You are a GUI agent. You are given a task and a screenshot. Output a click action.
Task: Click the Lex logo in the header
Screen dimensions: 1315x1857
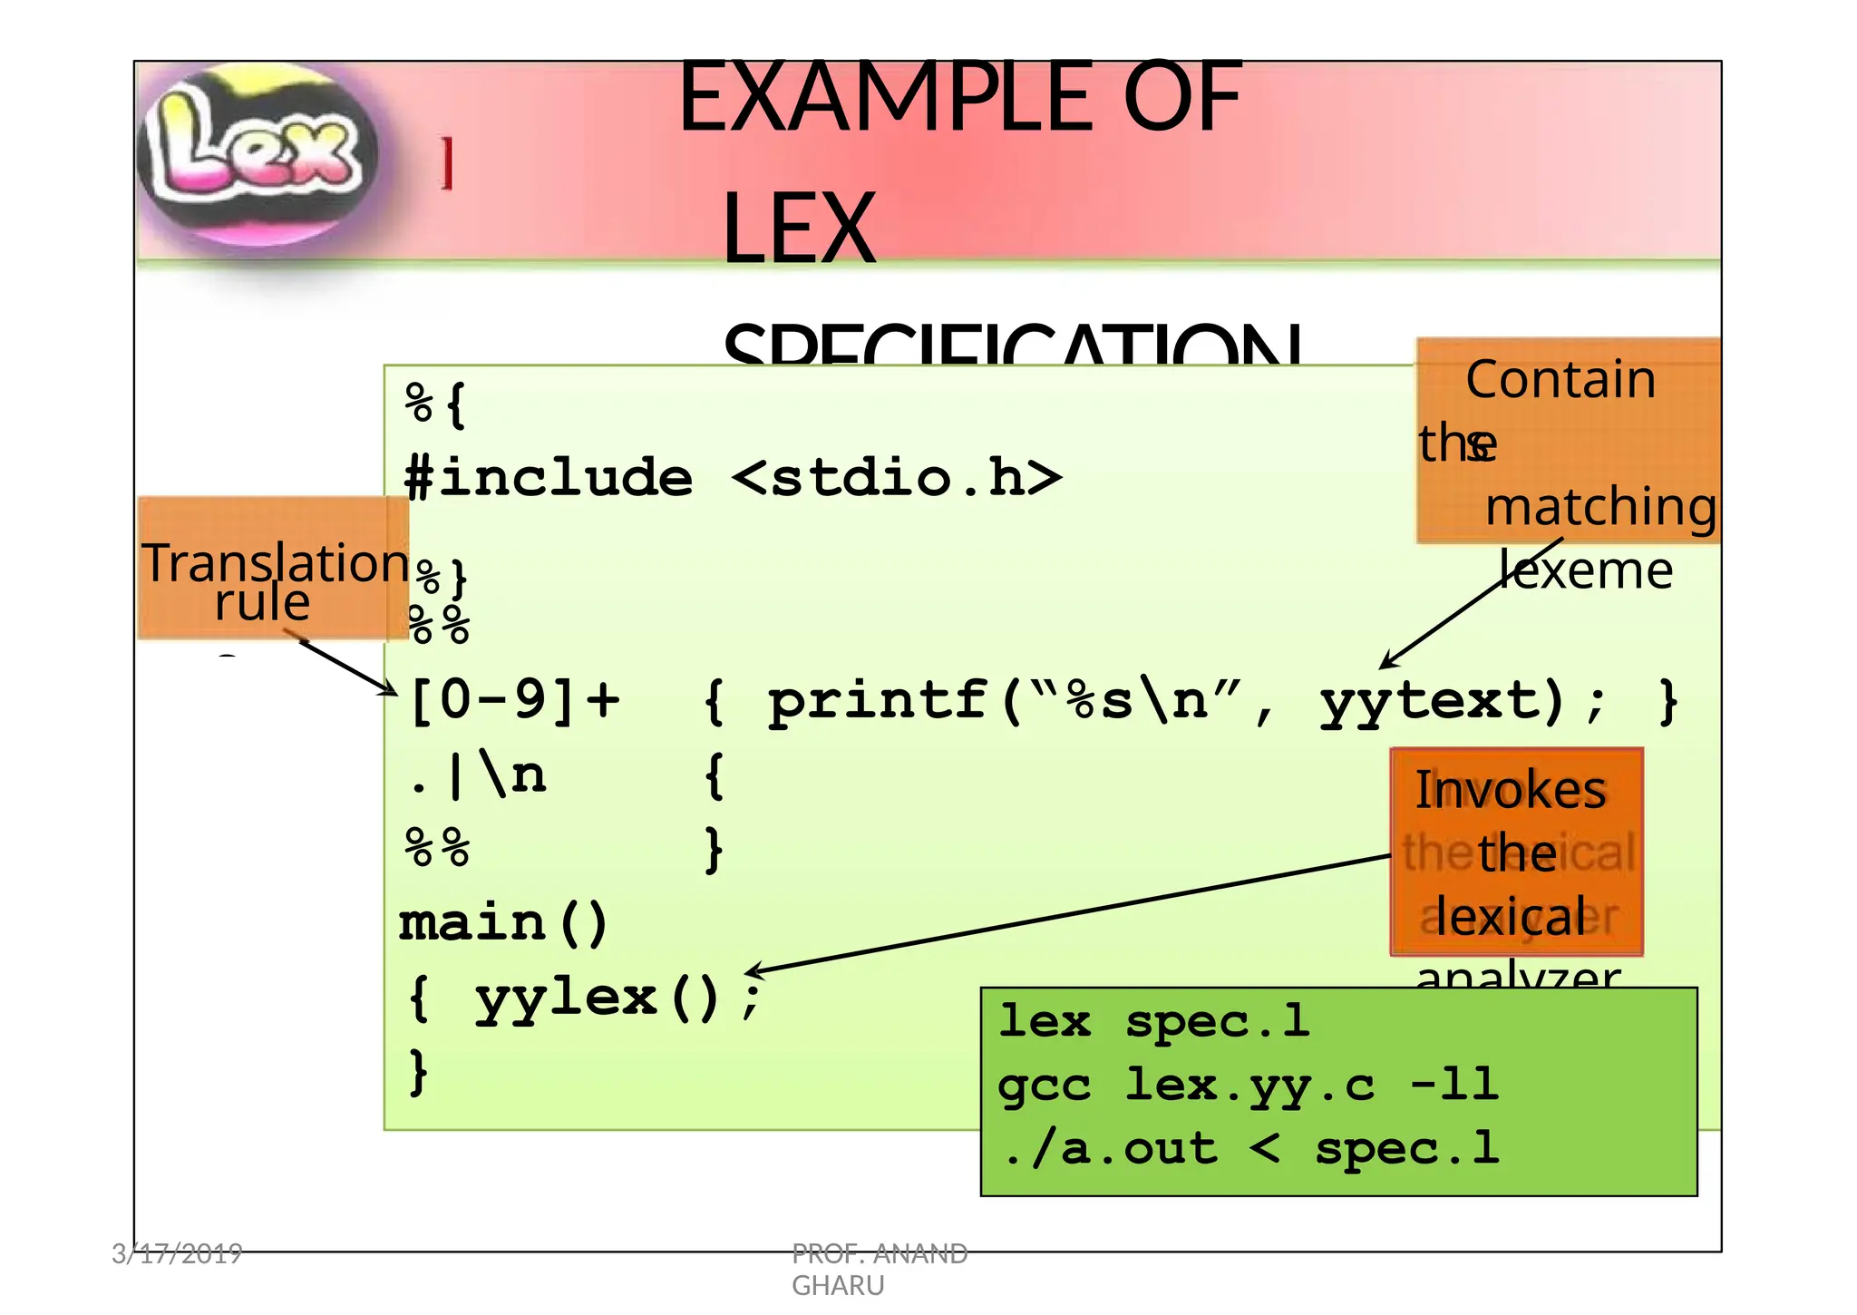257,151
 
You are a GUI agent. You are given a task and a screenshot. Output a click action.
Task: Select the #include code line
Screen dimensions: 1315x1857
731,478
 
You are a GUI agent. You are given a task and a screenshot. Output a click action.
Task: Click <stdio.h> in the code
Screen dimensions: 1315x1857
896,478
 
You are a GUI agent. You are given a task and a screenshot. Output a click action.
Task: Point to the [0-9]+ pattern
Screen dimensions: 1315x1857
514,700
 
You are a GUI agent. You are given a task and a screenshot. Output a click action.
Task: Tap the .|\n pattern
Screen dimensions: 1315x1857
477,776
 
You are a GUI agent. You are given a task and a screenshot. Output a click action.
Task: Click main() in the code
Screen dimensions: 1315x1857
504,923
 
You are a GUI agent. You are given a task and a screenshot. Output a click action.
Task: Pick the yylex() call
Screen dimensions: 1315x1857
598,998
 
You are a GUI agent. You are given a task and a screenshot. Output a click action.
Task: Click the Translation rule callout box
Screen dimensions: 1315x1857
272,569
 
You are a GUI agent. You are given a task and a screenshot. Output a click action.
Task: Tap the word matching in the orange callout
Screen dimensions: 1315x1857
1600,506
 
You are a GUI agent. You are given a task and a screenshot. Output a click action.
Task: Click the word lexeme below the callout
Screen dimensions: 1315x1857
1585,570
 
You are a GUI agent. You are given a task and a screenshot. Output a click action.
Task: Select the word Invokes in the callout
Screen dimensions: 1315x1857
1511,790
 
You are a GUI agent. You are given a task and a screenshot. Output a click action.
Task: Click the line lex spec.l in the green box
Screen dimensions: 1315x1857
1153,1022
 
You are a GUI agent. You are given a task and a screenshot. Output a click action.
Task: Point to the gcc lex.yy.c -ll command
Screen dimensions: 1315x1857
1248,1085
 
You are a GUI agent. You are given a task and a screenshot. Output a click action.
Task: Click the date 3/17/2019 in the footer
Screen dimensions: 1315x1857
177,1254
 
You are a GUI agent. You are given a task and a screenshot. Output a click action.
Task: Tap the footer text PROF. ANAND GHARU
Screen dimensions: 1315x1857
879,1269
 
